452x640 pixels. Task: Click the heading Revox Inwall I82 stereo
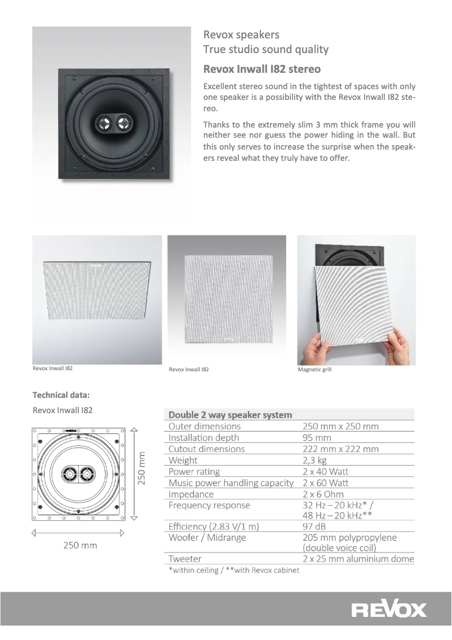click(262, 69)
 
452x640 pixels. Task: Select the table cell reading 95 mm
click(317, 437)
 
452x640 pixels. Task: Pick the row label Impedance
click(192, 494)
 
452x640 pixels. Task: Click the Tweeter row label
click(185, 559)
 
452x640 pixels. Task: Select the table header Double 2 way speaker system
click(230, 415)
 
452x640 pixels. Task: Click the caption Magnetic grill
click(314, 369)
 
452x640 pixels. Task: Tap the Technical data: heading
click(61, 394)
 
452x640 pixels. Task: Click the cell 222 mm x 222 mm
click(340, 449)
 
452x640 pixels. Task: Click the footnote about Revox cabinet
click(233, 569)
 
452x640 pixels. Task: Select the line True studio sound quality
click(266, 50)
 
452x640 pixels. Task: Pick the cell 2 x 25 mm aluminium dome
click(358, 559)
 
